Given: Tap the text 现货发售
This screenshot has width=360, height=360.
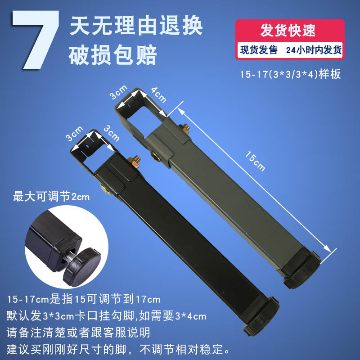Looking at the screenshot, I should (259, 50).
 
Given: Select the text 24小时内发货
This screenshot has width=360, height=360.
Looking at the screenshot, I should (314, 50).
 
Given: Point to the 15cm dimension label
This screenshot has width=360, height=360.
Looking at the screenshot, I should (255, 161).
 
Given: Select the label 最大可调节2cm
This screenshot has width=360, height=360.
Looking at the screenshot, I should (51, 197).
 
